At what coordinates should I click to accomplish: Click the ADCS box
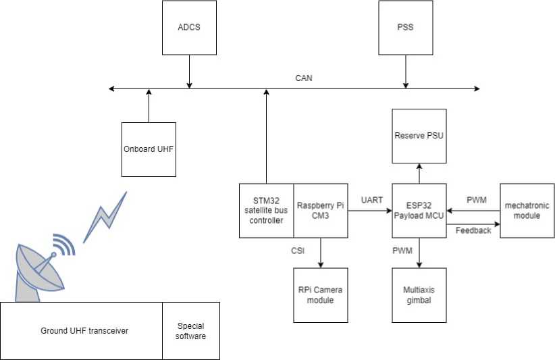[189, 28]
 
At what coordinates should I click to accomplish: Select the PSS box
[405, 28]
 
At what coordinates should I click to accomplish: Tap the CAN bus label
[304, 78]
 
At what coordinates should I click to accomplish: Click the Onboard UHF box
[149, 149]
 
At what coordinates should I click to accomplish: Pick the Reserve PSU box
[419, 136]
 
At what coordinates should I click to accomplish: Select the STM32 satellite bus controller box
[267, 210]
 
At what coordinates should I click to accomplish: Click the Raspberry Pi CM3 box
[321, 210]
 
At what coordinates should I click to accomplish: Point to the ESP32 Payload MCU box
[419, 210]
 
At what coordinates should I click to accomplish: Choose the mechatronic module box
[527, 210]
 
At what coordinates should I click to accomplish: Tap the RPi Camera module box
[320, 294]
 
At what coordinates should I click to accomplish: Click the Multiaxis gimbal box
[419, 294]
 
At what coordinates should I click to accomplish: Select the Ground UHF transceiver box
[82, 330]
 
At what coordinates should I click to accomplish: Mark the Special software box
[191, 330]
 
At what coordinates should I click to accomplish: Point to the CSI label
[298, 251]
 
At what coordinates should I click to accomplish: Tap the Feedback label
[473, 230]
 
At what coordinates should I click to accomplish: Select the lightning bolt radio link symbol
[105, 217]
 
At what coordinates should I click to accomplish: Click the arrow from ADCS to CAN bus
[189, 71]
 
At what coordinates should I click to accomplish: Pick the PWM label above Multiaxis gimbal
[402, 251]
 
